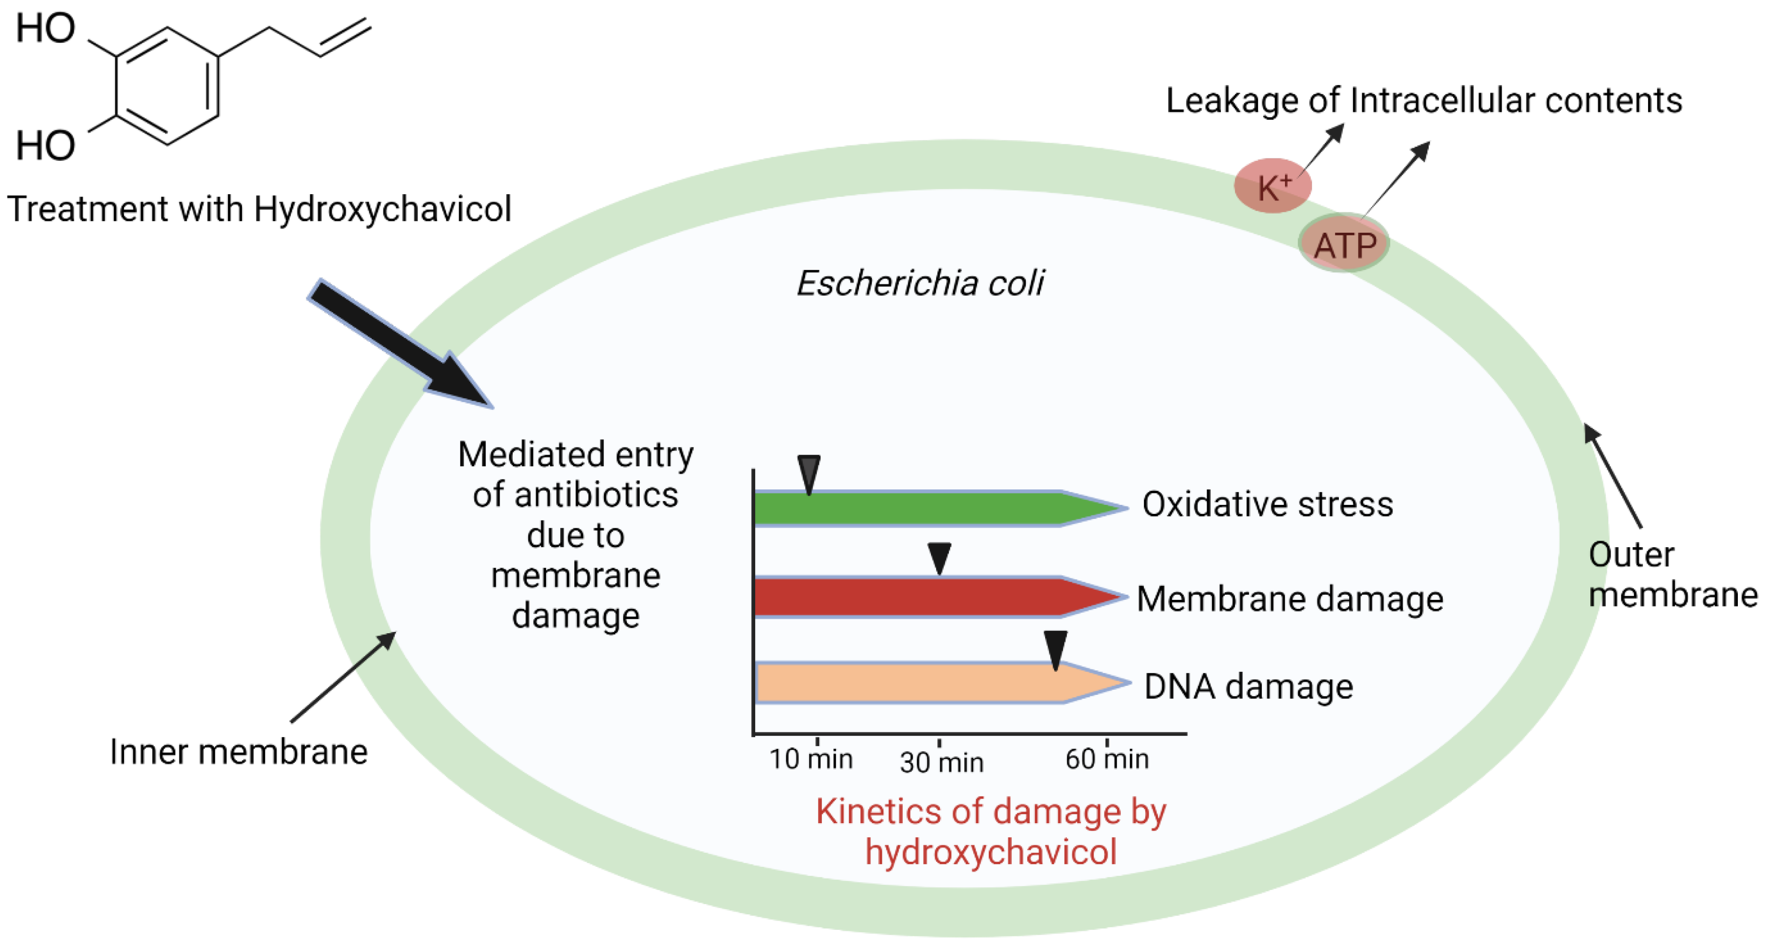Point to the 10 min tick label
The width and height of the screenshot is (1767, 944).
tap(811, 759)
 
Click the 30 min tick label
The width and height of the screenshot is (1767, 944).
tap(941, 762)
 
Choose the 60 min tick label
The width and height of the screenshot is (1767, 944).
tap(1106, 759)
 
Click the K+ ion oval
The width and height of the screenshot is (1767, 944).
tap(1273, 186)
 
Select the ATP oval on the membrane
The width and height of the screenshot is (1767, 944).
tap(1344, 244)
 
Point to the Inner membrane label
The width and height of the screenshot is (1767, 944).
tap(239, 752)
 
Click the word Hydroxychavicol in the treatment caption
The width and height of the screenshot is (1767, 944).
tap(382, 209)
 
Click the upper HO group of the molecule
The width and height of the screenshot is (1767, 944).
tap(45, 29)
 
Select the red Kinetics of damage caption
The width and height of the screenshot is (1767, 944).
tap(991, 832)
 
